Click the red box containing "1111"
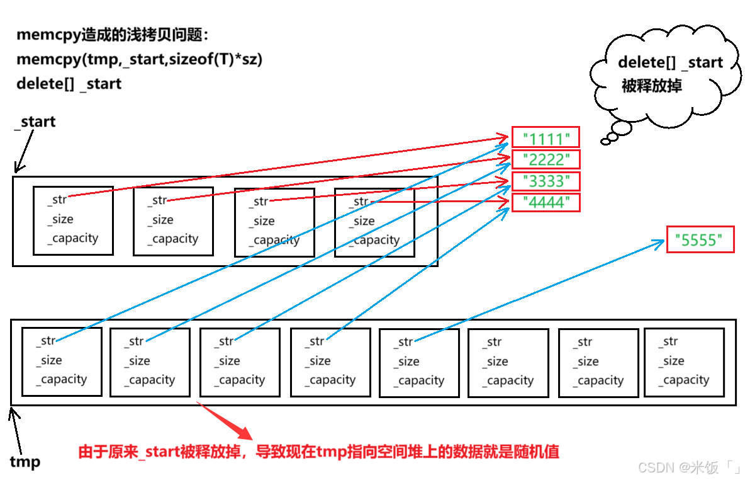pos(545,137)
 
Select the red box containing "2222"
pos(545,159)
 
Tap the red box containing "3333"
pos(545,181)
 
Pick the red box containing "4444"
pos(545,202)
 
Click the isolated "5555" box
pos(700,239)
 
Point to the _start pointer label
pos(35,122)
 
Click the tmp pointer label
pos(25,462)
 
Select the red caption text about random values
pos(318,452)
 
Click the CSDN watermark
pos(688,467)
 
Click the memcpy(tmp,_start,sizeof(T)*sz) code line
pos(139,59)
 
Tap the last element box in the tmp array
pos(684,362)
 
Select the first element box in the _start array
pos(73,220)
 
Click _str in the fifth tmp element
pos(405,342)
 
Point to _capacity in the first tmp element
pos(62,379)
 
